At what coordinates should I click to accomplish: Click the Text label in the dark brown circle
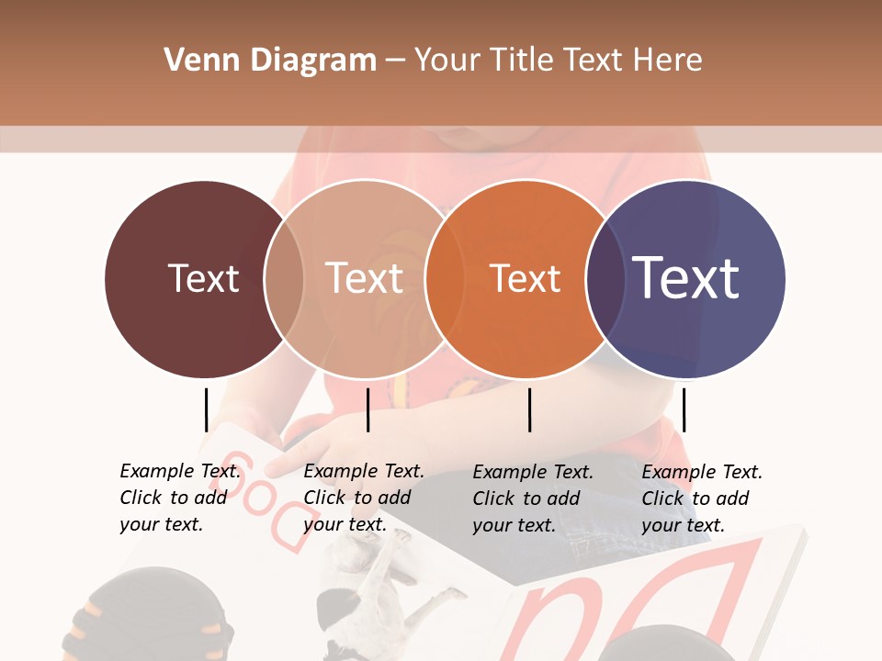click(x=204, y=278)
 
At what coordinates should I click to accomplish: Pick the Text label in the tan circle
click(x=365, y=278)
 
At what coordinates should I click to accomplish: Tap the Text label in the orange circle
click(x=525, y=278)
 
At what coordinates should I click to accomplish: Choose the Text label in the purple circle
click(x=685, y=277)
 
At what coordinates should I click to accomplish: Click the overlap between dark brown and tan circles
click(x=284, y=278)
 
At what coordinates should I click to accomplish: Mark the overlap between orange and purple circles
click(x=605, y=278)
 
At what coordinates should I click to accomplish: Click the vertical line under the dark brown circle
click(x=206, y=409)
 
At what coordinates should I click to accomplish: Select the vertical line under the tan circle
click(x=367, y=409)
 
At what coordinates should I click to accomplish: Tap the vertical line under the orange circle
click(x=529, y=409)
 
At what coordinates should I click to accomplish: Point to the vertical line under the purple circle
click(x=684, y=409)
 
